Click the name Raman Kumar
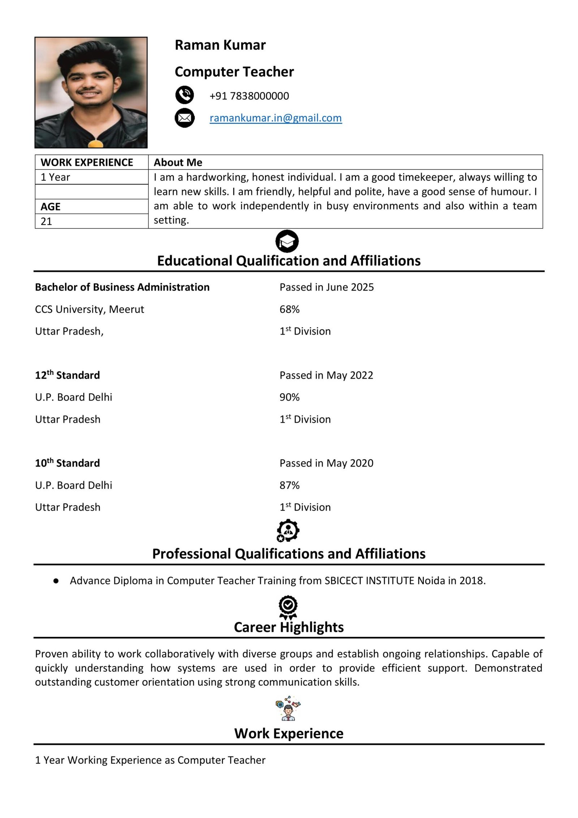pos(220,45)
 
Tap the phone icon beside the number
pos(185,95)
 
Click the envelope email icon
pos(185,118)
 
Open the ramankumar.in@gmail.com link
pos(276,118)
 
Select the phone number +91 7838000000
pos(249,96)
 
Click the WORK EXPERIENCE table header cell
pos(87,162)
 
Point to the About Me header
pos(178,162)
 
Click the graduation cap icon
pos(287,241)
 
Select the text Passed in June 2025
pos(327,287)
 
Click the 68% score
pos(289,309)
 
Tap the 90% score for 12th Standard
pos(289,397)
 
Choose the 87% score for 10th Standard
pos(289,485)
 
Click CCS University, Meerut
pos(89,309)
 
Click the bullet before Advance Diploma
pos(56,581)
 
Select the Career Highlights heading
pos(289,627)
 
